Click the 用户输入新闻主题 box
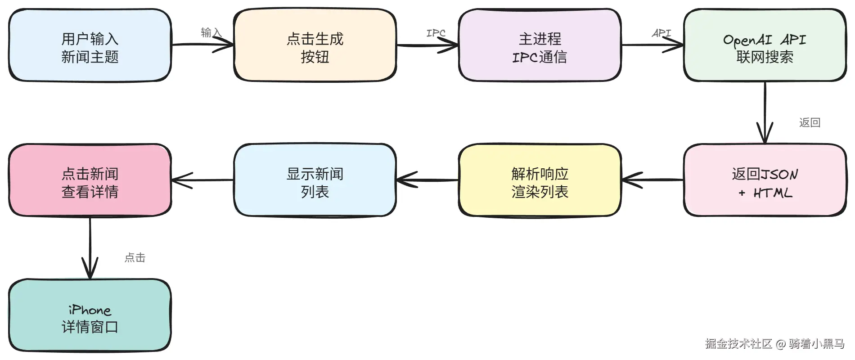point(90,45)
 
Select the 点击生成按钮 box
point(315,45)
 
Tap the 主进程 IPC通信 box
point(540,45)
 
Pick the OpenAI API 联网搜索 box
point(765,45)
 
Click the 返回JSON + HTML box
point(765,180)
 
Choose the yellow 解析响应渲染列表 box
point(540,180)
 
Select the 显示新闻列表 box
point(315,180)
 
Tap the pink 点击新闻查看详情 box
point(90,180)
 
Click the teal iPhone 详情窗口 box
point(90,315)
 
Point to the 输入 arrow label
point(211,32)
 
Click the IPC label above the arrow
point(436,33)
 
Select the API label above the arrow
point(661,33)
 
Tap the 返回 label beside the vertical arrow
point(810,122)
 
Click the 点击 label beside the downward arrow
point(135,257)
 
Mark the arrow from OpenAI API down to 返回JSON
point(765,112)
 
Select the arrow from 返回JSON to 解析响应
point(652,180)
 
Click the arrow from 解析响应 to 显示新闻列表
point(427,180)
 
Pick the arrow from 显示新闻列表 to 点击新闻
point(202,180)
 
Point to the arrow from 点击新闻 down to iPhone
point(90,248)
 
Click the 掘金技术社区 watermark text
point(738,344)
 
